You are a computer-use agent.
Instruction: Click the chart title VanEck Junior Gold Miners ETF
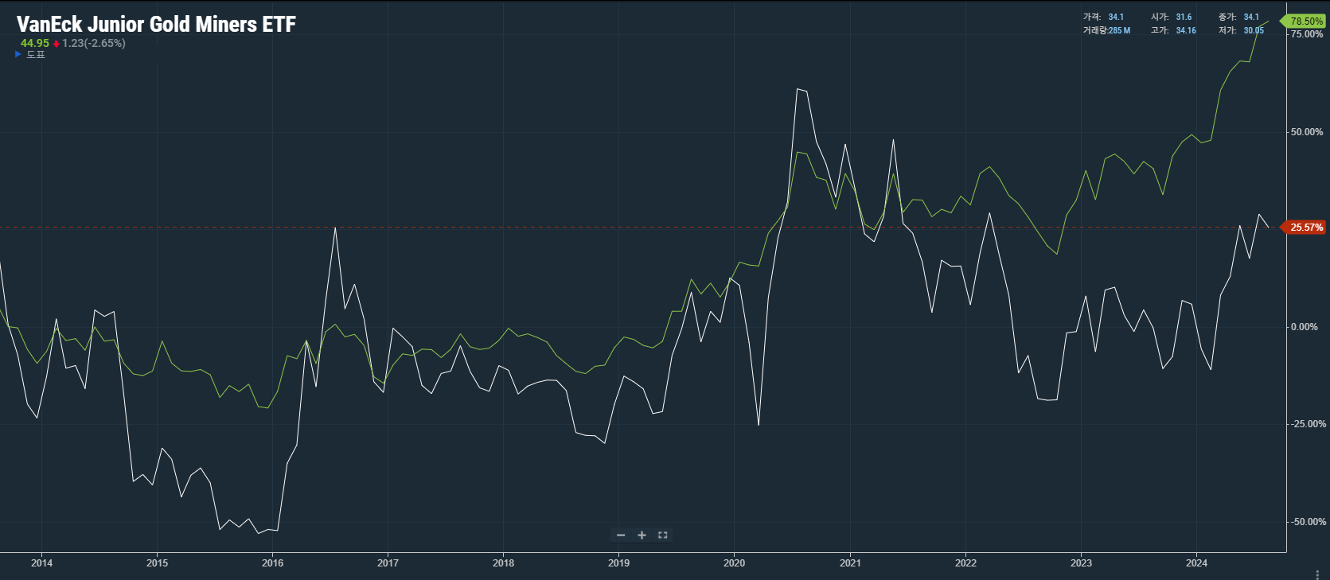point(156,25)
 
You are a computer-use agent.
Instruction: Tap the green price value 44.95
point(35,43)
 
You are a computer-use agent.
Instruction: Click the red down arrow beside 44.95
point(57,44)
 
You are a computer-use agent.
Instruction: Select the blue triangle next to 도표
point(18,54)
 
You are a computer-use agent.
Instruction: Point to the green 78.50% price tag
point(1305,21)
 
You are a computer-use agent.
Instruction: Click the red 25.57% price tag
point(1305,228)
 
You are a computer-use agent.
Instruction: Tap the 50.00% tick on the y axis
point(1307,132)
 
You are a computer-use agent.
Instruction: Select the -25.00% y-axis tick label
point(1307,424)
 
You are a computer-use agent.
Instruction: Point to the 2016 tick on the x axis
point(272,562)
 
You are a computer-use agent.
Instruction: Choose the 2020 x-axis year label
point(735,562)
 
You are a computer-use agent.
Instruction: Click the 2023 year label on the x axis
point(1081,562)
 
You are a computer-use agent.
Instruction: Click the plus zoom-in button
point(642,535)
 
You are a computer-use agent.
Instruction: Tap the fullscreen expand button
point(663,535)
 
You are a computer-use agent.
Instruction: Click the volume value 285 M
point(1120,30)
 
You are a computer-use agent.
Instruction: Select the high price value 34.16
point(1186,30)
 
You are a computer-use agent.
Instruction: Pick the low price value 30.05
point(1254,30)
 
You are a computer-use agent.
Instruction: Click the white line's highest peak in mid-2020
point(798,89)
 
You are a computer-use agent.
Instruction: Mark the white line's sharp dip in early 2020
point(759,425)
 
